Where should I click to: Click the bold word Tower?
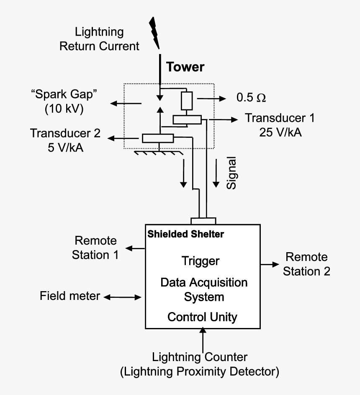coord(185,67)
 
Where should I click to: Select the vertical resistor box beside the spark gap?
coord(187,101)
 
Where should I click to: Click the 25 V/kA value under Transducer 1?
coord(280,132)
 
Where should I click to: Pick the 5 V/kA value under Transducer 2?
coord(65,147)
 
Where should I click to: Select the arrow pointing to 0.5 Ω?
coord(211,98)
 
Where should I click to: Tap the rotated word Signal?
coord(231,173)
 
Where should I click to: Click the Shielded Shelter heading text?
coord(185,234)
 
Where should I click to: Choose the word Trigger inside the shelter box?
coord(201,261)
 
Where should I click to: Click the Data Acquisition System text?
coord(204,289)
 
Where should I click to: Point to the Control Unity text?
coord(202,317)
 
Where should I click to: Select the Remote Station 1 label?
coord(95,248)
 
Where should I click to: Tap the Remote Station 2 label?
coord(306,264)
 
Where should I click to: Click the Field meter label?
coord(70,296)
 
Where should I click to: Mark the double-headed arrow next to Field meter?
coord(123,297)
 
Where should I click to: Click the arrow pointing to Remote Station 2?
coord(270,264)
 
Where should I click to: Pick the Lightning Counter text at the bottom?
coord(200,357)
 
